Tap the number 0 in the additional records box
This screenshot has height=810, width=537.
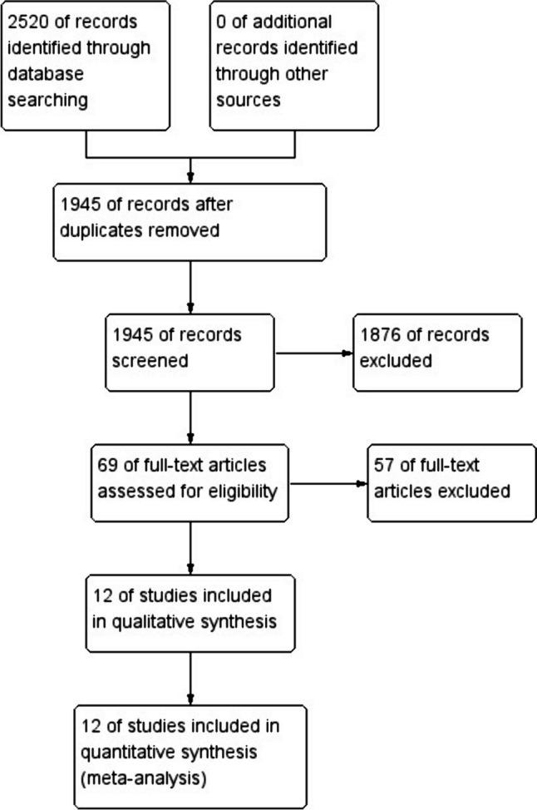pyautogui.click(x=221, y=21)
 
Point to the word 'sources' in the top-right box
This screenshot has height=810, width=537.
pyautogui.click(x=248, y=100)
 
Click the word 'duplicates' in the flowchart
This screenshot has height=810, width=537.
pyautogui.click(x=97, y=230)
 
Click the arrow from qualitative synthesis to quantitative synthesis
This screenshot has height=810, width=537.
pyautogui.click(x=192, y=678)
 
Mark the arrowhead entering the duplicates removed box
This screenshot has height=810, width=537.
pyautogui.click(x=192, y=177)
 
